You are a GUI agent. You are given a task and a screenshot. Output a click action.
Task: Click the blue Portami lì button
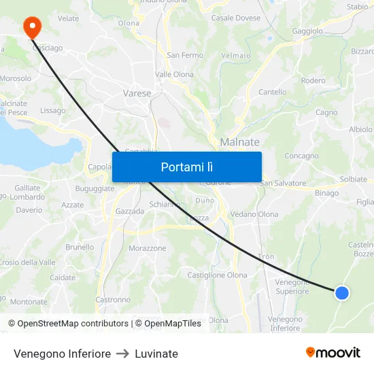[x=186, y=167]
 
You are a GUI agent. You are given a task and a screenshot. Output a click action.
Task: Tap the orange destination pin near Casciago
[x=32, y=27]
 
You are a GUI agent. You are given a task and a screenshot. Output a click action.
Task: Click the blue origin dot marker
[x=342, y=292]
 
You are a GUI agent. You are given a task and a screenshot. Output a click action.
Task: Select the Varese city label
[x=137, y=93]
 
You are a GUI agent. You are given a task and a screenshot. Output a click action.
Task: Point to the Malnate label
[x=239, y=142]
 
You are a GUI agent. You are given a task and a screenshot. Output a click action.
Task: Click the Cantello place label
[x=272, y=92]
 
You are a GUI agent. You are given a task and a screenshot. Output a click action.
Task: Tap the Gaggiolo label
[x=307, y=31]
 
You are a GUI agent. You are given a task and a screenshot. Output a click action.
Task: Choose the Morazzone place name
[x=148, y=248]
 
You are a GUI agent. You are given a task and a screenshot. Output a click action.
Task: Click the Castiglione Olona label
[x=217, y=275]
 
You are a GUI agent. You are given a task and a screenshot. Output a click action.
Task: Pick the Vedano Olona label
[x=254, y=214]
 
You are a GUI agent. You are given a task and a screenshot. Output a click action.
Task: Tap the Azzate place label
[x=73, y=205]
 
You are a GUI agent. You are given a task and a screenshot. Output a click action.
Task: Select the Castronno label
[x=113, y=299]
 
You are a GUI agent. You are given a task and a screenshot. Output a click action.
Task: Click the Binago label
[x=326, y=193]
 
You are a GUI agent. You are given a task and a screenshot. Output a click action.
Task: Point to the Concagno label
[x=301, y=156]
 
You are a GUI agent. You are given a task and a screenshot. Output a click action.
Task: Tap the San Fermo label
[x=185, y=55]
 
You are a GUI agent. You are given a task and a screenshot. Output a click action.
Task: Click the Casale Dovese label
[x=236, y=18]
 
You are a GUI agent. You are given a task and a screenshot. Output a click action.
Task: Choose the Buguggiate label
[x=95, y=188]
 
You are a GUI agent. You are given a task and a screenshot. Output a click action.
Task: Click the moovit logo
[x=333, y=353]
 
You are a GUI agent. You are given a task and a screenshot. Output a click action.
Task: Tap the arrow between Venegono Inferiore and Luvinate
[x=122, y=354]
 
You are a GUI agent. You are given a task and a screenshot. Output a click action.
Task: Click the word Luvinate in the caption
[x=156, y=354]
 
